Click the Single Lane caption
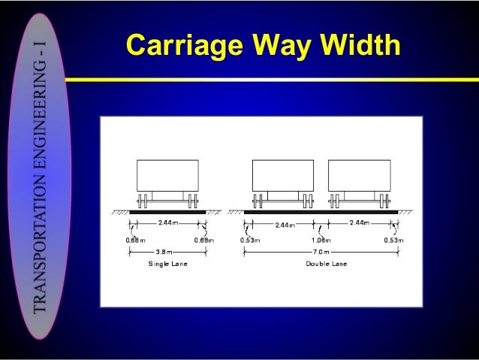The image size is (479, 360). click(x=167, y=264)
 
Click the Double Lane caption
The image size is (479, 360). click(x=321, y=264)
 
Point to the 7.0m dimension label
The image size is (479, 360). click(x=321, y=252)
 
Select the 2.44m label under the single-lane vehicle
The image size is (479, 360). click(x=168, y=223)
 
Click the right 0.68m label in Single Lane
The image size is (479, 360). click(x=203, y=240)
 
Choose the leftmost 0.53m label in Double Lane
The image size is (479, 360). click(x=249, y=240)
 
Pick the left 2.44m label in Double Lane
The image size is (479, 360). click(x=284, y=224)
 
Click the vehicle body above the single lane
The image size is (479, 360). click(x=167, y=174)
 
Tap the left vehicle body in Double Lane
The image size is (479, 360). click(x=282, y=174)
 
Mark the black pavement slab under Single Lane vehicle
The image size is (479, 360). click(x=167, y=212)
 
